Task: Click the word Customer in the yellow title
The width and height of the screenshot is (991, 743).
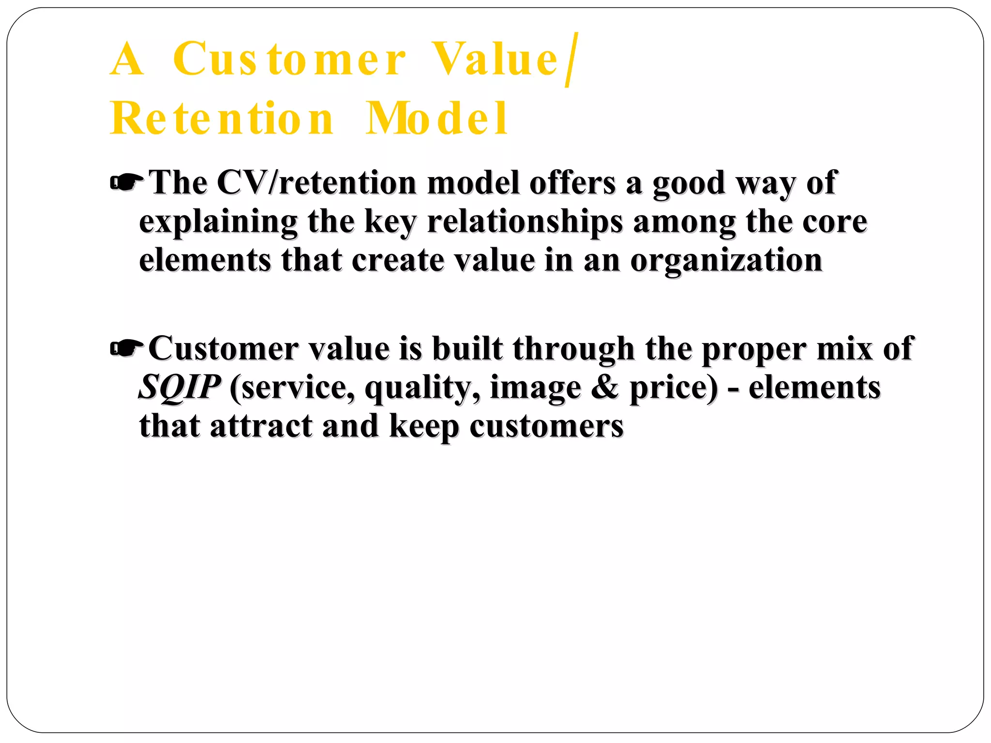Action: (x=289, y=59)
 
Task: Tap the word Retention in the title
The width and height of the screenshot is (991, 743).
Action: (x=222, y=119)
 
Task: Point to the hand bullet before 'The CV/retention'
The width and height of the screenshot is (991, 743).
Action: (x=127, y=183)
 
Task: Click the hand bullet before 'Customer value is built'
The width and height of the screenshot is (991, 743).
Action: (x=127, y=348)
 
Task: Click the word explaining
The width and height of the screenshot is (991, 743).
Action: (x=218, y=222)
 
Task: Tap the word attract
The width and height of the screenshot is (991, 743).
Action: (x=261, y=426)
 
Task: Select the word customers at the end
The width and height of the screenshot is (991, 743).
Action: (x=546, y=426)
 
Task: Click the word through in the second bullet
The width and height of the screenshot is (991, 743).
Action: (x=573, y=349)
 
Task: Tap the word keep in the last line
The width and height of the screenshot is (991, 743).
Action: (x=424, y=427)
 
